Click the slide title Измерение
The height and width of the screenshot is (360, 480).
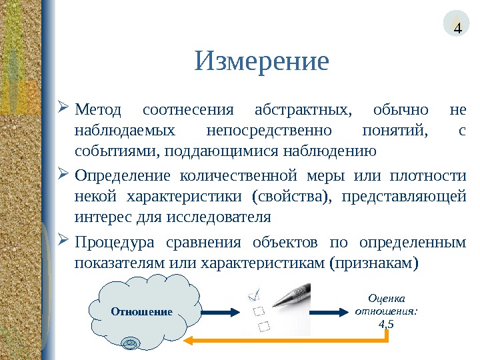tap(262, 62)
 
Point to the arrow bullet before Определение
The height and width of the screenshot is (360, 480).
tap(64, 175)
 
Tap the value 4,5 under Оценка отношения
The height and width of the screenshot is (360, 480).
tap(385, 325)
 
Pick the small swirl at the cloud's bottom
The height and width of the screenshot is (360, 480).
tap(131, 343)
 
